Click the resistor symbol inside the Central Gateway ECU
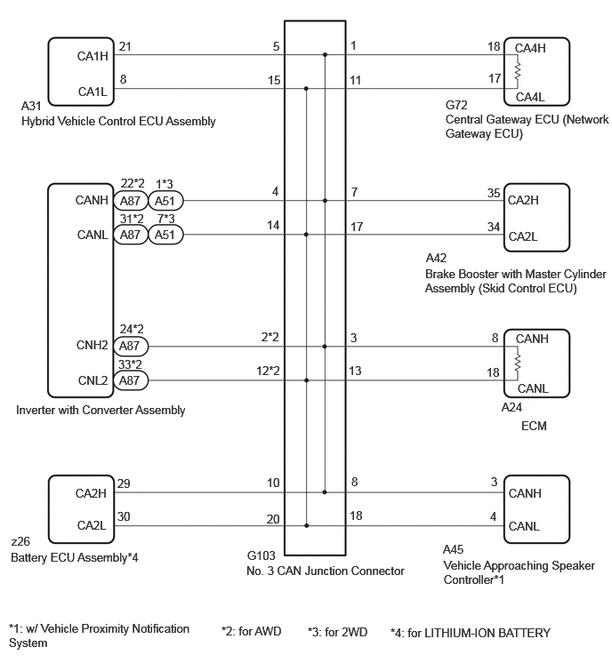coord(518,72)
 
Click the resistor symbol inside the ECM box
coord(518,363)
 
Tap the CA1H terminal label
coord(93,56)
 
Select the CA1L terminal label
coord(93,92)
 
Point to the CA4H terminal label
coord(530,48)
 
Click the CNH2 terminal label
coord(92,345)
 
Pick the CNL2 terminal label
coord(93,380)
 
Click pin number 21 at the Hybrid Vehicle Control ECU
coord(125,46)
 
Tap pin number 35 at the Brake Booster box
coord(494,193)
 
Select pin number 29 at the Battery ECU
coord(124,483)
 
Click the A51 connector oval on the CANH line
coord(165,201)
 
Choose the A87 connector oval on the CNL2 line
coord(130,380)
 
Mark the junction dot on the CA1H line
coord(325,55)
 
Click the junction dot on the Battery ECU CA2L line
coord(307,525)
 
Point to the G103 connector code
coord(262,555)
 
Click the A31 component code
coord(31,106)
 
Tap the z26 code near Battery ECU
coord(20,541)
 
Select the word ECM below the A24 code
coord(534,426)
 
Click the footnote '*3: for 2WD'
coord(337,632)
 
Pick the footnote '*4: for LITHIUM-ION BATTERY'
coord(471,633)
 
